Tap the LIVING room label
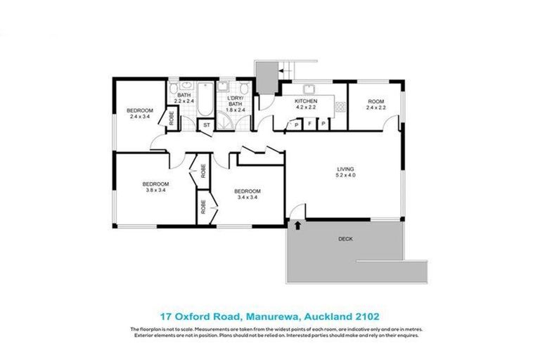345,169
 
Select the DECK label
345,239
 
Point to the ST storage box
205,126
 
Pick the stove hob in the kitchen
340,106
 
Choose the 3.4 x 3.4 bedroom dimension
247,198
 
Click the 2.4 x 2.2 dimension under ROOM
376,108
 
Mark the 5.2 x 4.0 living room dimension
345,176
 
